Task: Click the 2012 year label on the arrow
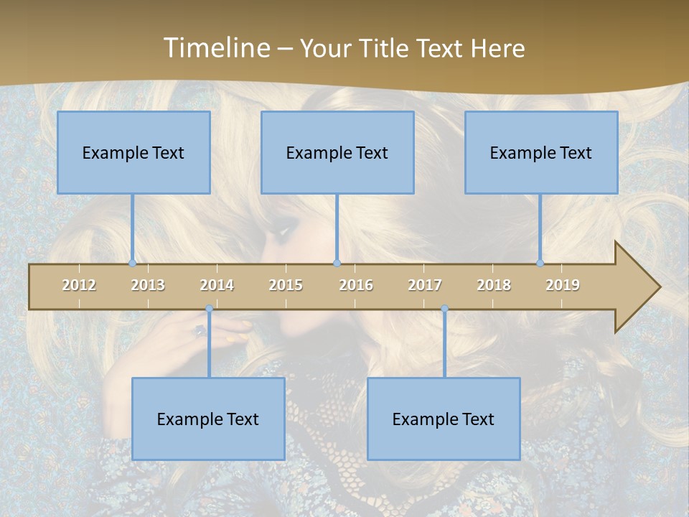pos(79,285)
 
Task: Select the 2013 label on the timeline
pos(148,285)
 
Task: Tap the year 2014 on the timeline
pos(217,285)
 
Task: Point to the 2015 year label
pos(286,285)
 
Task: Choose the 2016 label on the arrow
pos(356,285)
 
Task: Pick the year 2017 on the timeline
pos(425,285)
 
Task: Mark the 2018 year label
pos(494,285)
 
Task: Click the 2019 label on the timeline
pos(563,285)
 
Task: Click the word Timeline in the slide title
pos(216,48)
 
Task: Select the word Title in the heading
pos(386,48)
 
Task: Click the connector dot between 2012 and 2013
pos(132,264)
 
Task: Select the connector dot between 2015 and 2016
pos(337,264)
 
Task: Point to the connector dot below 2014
pos(209,309)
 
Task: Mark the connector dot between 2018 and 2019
pos(540,264)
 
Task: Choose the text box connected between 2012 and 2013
pos(133,152)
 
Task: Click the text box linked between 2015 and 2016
pos(337,152)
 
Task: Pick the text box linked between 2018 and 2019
pos(541,152)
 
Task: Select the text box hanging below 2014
pos(208,419)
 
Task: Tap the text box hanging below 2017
pos(444,419)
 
